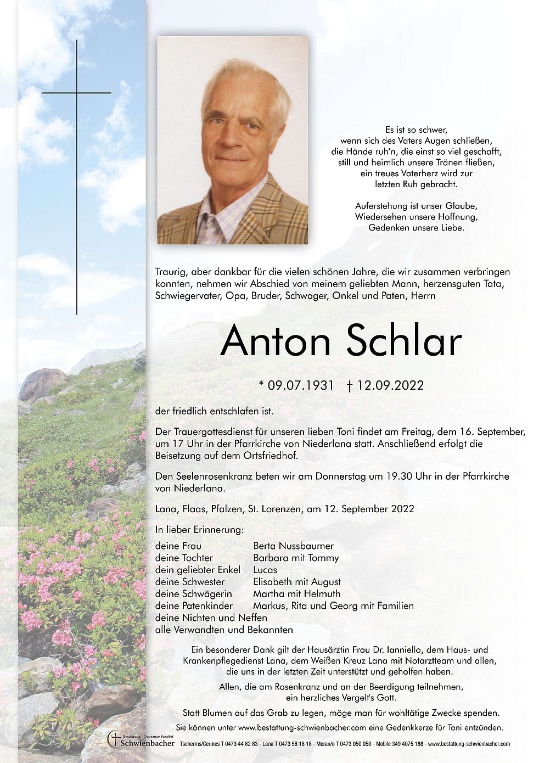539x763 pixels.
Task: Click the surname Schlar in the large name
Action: [404, 341]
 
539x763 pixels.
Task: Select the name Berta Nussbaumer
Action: [293, 546]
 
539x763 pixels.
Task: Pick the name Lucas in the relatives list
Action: [265, 570]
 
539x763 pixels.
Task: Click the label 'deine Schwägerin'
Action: [193, 594]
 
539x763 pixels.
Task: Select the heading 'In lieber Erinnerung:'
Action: [199, 530]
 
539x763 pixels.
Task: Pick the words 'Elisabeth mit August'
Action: [296, 582]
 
